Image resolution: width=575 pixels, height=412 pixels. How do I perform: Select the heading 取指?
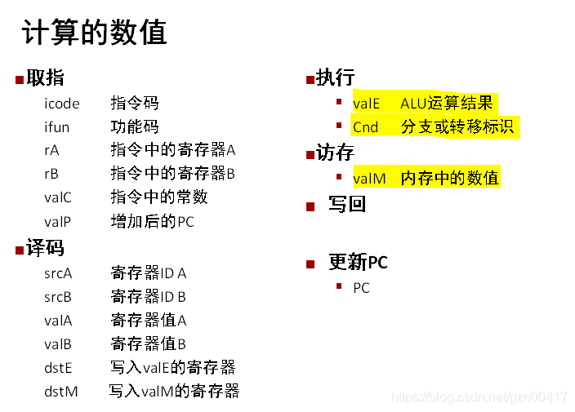click(45, 78)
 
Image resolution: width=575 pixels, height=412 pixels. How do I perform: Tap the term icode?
click(62, 104)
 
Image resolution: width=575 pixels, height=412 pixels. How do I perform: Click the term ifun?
click(57, 127)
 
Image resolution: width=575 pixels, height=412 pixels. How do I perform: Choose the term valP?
click(58, 222)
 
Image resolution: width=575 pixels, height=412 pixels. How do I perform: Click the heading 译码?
click(45, 249)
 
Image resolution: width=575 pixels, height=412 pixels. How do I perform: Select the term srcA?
click(58, 273)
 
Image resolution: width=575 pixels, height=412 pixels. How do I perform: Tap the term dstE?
click(58, 368)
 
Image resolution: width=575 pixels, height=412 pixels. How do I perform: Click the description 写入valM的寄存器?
click(174, 392)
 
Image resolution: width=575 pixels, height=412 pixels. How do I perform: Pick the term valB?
click(58, 344)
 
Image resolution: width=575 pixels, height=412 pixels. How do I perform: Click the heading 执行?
click(335, 78)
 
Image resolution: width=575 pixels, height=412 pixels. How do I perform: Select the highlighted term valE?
click(367, 104)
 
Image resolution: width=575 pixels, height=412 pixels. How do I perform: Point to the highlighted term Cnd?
click(366, 127)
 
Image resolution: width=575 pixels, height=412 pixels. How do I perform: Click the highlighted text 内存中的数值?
click(449, 179)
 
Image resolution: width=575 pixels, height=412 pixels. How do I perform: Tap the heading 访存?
click(335, 153)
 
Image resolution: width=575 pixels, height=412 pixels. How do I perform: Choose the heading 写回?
click(347, 204)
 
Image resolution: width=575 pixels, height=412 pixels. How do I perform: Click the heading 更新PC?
click(358, 262)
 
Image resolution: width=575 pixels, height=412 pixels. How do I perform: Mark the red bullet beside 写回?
click(310, 206)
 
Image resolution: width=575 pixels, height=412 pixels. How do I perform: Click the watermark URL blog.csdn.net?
click(479, 397)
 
